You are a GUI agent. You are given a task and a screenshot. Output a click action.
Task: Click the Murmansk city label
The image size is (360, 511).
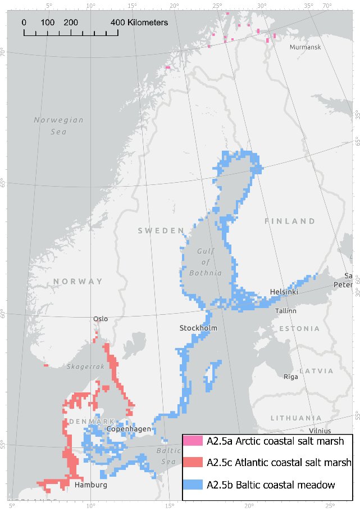click(x=305, y=47)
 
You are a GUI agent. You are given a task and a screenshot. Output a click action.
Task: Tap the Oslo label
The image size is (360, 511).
click(x=101, y=319)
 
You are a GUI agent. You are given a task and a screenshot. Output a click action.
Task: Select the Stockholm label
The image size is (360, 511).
click(x=198, y=328)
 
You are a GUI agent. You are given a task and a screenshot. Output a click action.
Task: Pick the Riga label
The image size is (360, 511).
click(x=291, y=377)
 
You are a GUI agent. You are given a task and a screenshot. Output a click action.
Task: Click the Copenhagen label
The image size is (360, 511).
click(x=129, y=429)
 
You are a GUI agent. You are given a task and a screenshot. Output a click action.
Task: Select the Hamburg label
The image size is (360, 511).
click(x=90, y=485)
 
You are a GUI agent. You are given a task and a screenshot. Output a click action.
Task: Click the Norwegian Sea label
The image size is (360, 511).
click(x=58, y=125)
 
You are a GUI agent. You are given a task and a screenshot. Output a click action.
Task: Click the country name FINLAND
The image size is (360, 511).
click(x=290, y=221)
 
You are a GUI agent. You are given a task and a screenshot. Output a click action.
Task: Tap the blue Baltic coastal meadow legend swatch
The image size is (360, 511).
click(x=193, y=484)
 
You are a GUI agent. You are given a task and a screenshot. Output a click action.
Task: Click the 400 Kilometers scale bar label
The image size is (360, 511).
click(x=139, y=22)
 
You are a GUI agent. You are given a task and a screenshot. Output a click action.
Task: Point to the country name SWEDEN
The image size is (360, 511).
click(x=161, y=230)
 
